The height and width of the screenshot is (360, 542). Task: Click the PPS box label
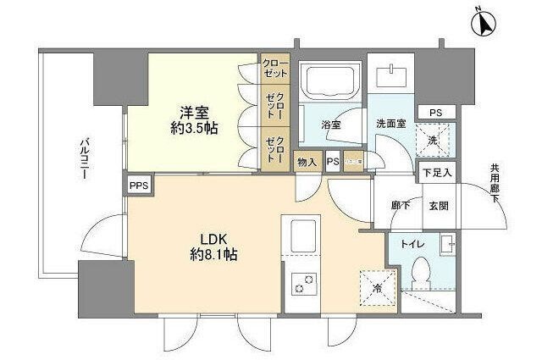coord(137,185)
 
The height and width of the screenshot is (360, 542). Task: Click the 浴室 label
coord(331,125)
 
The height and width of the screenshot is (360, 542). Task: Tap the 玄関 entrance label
coord(439,206)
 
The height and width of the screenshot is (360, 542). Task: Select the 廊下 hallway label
coord(401,206)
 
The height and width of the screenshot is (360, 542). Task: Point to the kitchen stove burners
coord(302,285)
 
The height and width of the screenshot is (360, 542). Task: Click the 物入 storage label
coord(306,161)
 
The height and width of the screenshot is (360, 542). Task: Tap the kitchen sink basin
coord(302,234)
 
